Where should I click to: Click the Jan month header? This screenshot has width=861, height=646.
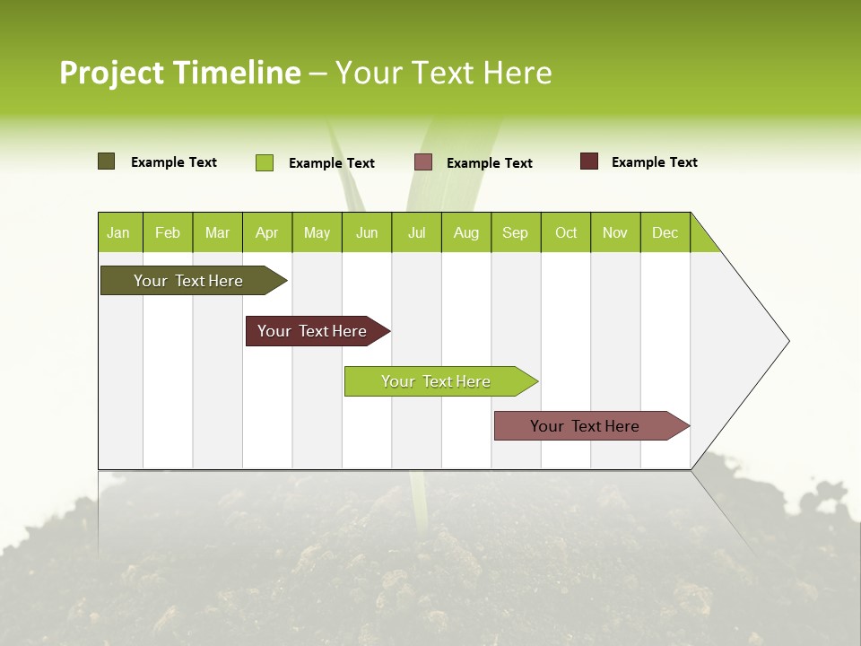click(x=119, y=232)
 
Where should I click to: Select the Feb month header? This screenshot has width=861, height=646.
click(x=168, y=232)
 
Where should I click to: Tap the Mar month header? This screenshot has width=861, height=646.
click(x=217, y=232)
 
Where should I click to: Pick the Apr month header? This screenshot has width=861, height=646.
click(x=267, y=232)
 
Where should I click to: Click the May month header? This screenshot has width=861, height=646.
click(x=317, y=232)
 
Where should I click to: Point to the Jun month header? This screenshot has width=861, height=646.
click(x=367, y=232)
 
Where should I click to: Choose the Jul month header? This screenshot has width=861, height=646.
click(x=416, y=232)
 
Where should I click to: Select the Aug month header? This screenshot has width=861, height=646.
click(x=466, y=232)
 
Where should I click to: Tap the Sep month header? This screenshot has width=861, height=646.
click(x=516, y=232)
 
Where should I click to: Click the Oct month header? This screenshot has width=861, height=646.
click(x=566, y=232)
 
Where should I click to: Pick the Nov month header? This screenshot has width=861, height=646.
click(x=615, y=232)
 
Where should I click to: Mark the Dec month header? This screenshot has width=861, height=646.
click(x=665, y=232)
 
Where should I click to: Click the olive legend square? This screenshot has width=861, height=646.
click(x=107, y=161)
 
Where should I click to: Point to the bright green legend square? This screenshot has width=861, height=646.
click(x=265, y=162)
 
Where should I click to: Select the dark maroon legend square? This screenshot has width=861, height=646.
click(x=589, y=161)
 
